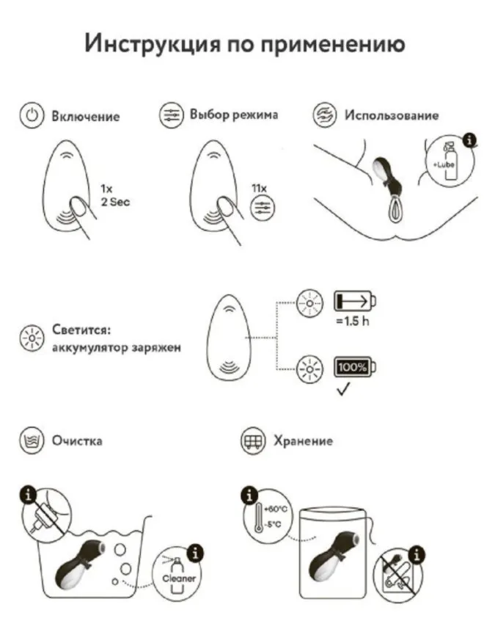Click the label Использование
(x=392, y=115)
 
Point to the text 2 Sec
(x=115, y=201)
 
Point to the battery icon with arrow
(x=354, y=300)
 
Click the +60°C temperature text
(x=279, y=508)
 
